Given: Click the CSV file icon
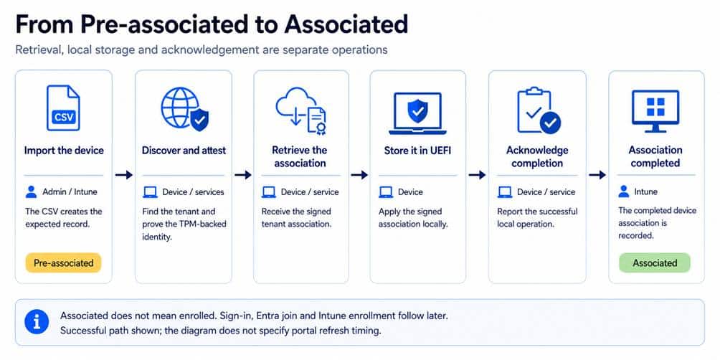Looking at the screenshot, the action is pos(63,108).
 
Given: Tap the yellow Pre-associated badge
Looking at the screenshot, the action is pos(63,263).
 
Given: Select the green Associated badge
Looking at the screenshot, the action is pos(655,263).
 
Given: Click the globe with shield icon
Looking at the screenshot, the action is pos(184,109).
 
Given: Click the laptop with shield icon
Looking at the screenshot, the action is pos(417,113).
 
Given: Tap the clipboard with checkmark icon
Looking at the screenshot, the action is pos(538,110).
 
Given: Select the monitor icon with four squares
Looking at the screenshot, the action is pos(655,111).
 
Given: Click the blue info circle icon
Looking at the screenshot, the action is pos(37,322).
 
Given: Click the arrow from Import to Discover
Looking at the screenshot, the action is pos(123,175).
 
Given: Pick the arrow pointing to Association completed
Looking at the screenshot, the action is pos(597,175).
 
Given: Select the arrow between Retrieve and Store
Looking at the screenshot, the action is pos(359,175).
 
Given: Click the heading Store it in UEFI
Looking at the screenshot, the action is pos(417,151).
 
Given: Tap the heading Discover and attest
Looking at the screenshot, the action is pos(184,151).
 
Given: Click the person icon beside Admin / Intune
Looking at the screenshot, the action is pos(32,192).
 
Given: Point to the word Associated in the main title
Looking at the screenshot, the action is pos(346,24).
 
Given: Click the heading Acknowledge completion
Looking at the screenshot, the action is pos(537,156).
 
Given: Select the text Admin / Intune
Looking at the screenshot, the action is pos(70,192).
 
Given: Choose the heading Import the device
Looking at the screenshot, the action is pos(64,151).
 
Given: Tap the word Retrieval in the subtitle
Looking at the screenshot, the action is pos(39,50).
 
